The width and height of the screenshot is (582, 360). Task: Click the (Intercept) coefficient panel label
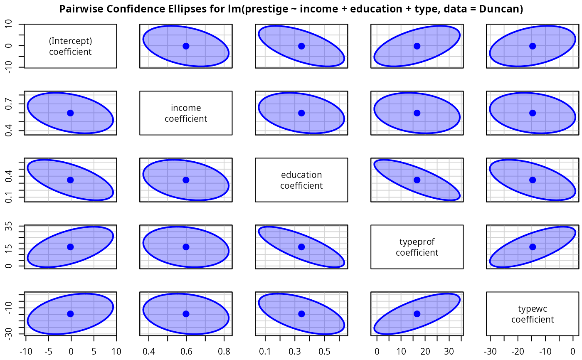[x=70, y=46]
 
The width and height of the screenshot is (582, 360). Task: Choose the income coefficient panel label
[x=186, y=113]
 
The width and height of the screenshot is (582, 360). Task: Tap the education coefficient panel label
[x=301, y=180]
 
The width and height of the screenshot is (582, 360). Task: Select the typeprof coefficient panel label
[x=417, y=247]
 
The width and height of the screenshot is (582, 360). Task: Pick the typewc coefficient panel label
[x=533, y=314]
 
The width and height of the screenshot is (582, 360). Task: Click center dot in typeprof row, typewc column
[x=533, y=247]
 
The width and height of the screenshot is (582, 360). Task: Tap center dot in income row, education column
[x=301, y=113]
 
